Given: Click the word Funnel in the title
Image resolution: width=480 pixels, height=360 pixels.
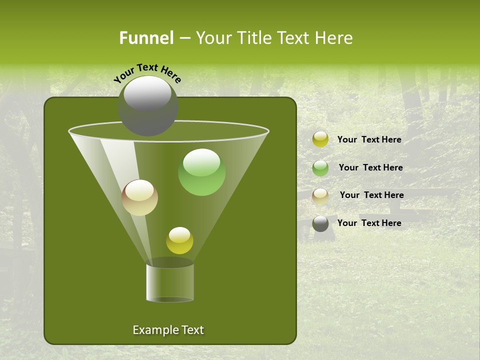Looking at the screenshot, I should tap(146, 38).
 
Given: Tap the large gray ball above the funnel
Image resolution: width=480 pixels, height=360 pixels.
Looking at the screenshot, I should tap(147, 106).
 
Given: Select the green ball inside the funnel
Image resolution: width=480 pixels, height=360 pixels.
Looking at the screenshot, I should tap(201, 172).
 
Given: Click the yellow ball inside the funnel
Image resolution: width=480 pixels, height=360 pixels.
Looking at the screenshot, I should tap(179, 240).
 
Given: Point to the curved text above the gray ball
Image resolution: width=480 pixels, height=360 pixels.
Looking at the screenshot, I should tap(147, 73).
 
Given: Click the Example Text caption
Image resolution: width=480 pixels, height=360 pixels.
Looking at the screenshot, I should tap(168, 330).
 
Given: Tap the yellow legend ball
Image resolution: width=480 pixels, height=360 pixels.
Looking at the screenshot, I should tap(320, 139).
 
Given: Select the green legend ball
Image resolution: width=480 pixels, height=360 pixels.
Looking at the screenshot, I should tap(320, 168).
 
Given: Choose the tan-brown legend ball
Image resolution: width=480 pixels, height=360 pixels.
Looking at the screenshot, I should tap(320, 196).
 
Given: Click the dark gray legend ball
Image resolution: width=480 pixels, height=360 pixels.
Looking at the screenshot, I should tap(320, 223).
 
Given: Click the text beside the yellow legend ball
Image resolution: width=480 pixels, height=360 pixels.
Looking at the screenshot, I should tap(369, 139).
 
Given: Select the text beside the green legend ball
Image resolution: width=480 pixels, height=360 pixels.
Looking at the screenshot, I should tap(370, 167).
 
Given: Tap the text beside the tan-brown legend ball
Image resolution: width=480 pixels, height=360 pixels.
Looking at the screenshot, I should tap(371, 195).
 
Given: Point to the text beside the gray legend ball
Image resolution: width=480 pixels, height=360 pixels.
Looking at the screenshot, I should tap(369, 223).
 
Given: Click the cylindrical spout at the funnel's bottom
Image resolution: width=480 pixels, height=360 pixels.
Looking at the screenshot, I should tap(170, 282).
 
